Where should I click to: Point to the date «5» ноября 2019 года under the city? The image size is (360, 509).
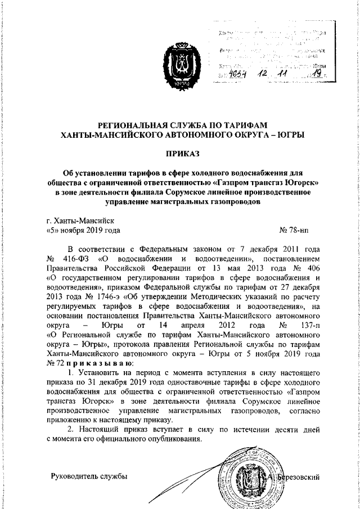(82, 231)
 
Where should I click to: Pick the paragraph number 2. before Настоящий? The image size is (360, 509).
(70, 430)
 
